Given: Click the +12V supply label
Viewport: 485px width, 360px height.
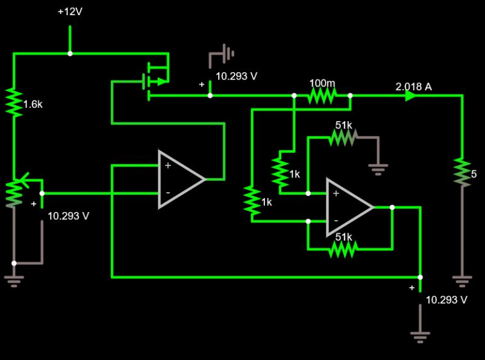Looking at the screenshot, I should click(x=69, y=12).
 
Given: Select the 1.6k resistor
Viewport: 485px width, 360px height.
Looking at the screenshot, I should click(x=13, y=103).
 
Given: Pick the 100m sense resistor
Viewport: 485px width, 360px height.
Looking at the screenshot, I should click(x=321, y=95).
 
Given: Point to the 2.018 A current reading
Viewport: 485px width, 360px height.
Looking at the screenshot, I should click(x=413, y=87).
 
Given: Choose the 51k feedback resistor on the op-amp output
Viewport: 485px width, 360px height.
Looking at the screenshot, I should click(x=343, y=248).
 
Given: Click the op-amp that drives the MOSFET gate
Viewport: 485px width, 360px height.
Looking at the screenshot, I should click(x=181, y=179).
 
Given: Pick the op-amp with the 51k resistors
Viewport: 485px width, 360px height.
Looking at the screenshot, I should click(x=349, y=207).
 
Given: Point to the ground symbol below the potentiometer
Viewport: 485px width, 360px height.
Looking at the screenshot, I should click(x=13, y=280).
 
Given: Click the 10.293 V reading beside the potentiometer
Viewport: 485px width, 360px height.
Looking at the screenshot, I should click(x=69, y=216).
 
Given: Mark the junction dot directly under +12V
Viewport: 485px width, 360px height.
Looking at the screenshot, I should click(x=69, y=53).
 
